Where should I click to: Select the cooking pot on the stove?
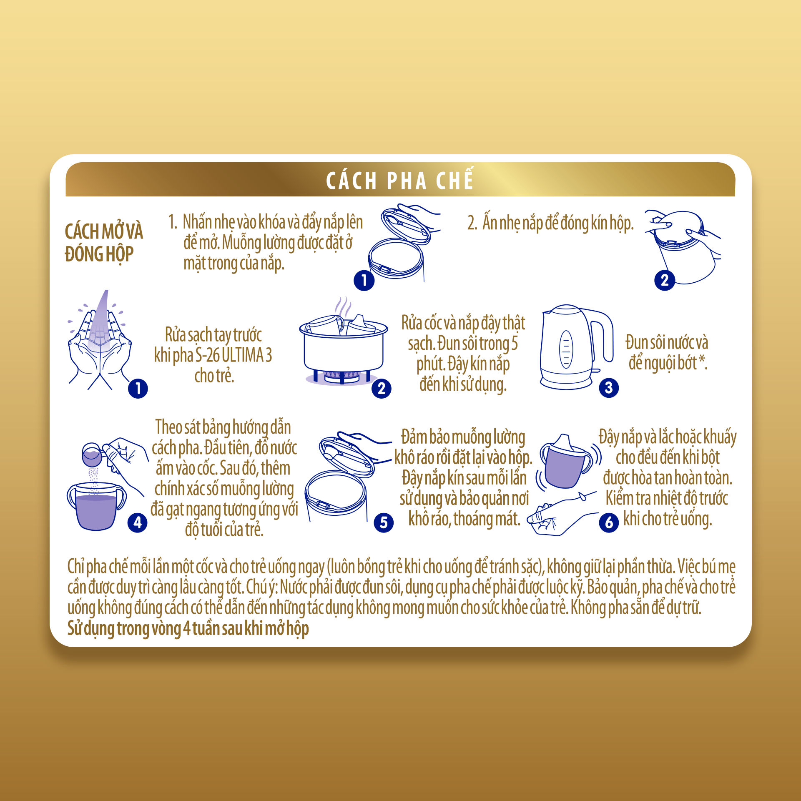coord(344,348)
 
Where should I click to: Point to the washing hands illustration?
coord(99,340)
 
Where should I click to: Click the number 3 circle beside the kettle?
coord(608,388)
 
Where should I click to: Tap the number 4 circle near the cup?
coord(138,522)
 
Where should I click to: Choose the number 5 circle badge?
coord(384,522)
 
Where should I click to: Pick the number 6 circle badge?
coord(609,522)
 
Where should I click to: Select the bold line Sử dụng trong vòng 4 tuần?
coord(188,628)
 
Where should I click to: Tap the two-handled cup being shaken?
coord(566,461)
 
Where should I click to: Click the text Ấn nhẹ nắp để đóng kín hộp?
coord(550,223)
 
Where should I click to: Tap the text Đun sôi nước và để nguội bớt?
coord(667,353)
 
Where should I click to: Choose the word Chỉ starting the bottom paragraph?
coord(76,567)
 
